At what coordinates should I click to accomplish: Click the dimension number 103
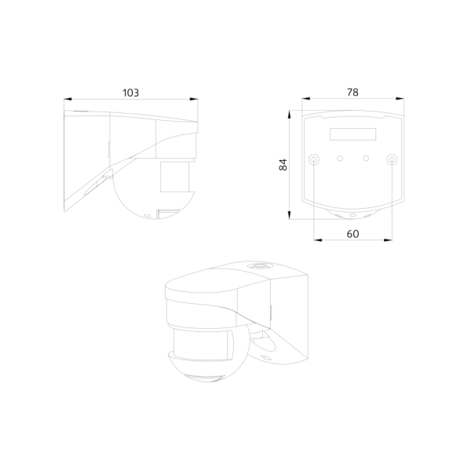coord(130,93)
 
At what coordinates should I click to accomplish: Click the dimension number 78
coord(352,93)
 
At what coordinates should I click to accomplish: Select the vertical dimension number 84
coord(283,164)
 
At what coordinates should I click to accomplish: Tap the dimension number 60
coord(352,234)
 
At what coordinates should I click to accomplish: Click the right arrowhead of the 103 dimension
coord(195,100)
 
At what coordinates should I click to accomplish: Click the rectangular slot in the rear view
coord(352,134)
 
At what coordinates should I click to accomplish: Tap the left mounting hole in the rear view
coord(315,159)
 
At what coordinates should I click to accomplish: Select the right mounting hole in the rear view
coord(390,159)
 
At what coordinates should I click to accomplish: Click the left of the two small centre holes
coord(340,159)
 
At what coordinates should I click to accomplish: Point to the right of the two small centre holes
coord(366,159)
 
